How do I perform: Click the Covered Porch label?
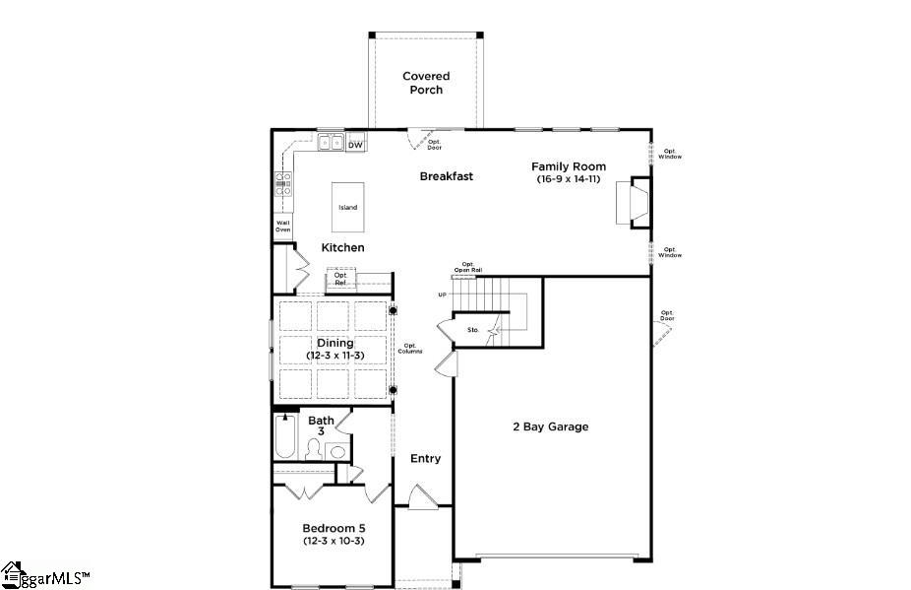(x=426, y=83)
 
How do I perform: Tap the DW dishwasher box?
(x=355, y=146)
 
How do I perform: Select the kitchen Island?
(x=348, y=207)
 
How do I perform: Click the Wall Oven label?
(x=283, y=227)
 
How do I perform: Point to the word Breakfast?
(x=447, y=176)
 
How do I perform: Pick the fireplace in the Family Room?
(x=638, y=202)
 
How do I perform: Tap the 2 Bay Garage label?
(x=550, y=426)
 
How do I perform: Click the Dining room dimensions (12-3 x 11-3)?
(x=334, y=355)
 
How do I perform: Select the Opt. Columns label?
(x=411, y=348)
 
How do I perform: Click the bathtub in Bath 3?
(x=285, y=436)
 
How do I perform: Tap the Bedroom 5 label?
(x=334, y=528)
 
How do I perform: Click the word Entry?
(x=425, y=458)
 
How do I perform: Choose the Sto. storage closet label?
(x=473, y=329)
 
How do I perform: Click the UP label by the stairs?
(x=443, y=295)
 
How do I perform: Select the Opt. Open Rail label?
(x=468, y=267)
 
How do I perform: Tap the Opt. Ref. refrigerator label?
(x=340, y=279)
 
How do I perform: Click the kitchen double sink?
(x=331, y=144)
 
